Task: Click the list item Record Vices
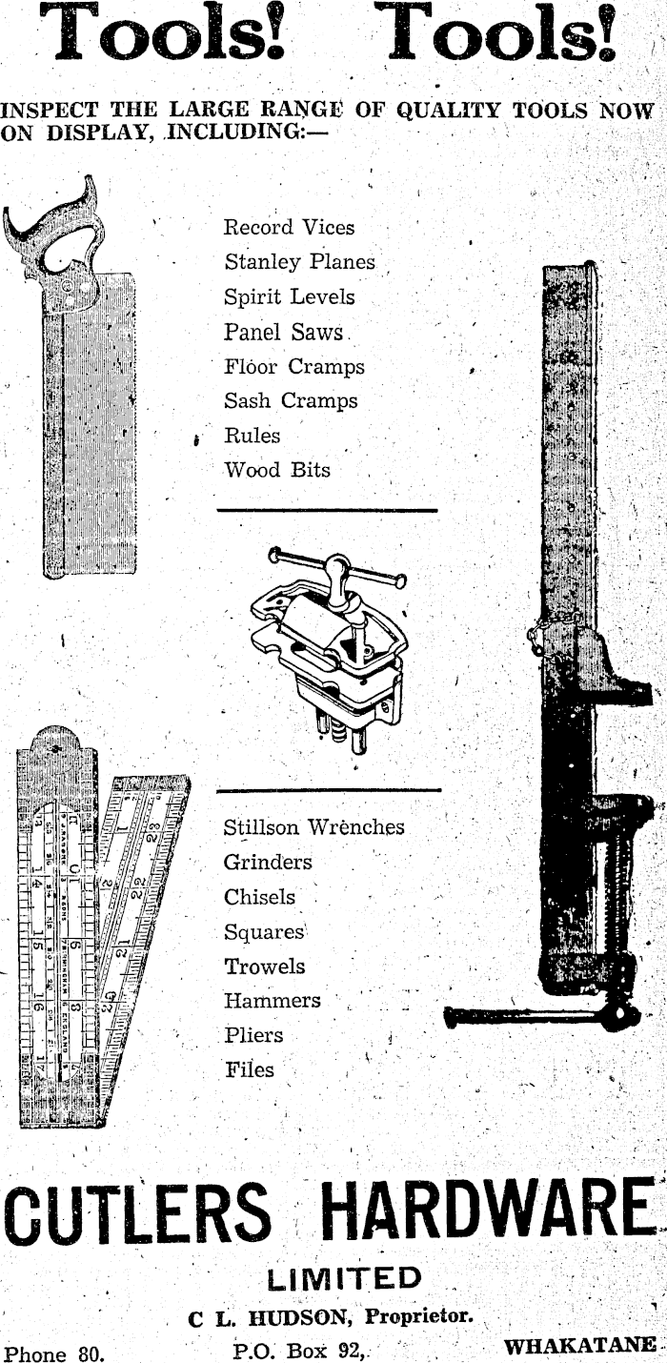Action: pos(289,228)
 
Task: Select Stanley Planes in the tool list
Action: pos(299,262)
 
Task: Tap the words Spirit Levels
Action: pos(289,296)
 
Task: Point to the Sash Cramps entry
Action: pos(291,401)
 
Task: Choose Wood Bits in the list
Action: pos(277,471)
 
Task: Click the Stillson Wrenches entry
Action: pos(313,827)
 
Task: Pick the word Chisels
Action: pos(259,897)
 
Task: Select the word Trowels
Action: pos(265,966)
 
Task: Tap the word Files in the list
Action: pos(250,1069)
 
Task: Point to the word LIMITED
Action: pos(344,1277)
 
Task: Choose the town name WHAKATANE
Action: pos(580,1346)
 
